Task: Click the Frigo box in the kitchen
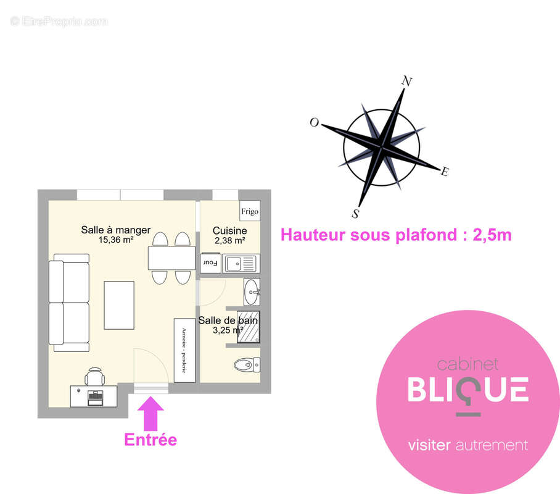click(250, 211)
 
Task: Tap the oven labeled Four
click(211, 263)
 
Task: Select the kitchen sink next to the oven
click(241, 264)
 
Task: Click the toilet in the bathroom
click(247, 365)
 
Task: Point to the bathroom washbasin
click(252, 292)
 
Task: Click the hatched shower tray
click(248, 327)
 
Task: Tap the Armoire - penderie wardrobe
click(184, 350)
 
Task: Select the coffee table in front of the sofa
click(119, 305)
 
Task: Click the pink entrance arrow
click(150, 414)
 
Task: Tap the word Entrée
click(150, 440)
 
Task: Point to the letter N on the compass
click(407, 81)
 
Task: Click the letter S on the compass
click(355, 214)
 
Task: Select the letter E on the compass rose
click(444, 172)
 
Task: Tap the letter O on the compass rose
click(314, 122)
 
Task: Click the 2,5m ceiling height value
click(492, 235)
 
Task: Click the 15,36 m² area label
click(116, 240)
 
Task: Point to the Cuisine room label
click(229, 231)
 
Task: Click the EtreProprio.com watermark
click(59, 22)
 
